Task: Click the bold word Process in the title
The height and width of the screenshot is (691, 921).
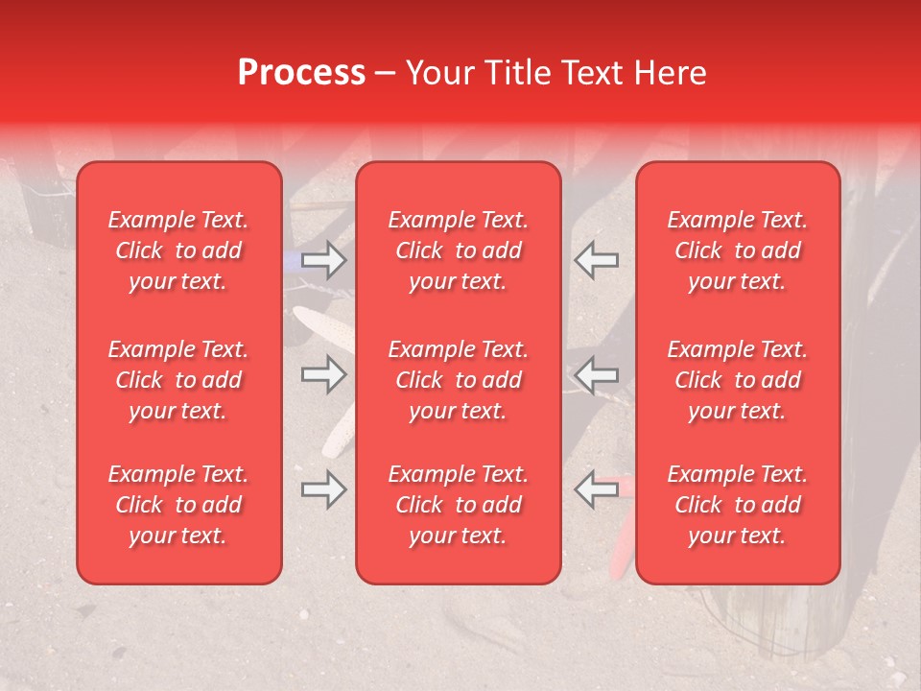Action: (301, 73)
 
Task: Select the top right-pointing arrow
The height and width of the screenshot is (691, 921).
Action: (323, 258)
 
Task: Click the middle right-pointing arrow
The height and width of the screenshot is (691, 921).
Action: (323, 374)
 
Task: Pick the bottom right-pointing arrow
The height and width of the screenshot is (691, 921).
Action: (323, 489)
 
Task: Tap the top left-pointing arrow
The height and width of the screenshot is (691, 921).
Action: (597, 258)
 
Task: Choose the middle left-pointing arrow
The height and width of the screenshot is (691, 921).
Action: (597, 374)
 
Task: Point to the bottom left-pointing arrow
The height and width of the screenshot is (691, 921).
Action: (597, 489)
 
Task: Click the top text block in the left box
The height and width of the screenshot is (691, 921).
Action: (178, 250)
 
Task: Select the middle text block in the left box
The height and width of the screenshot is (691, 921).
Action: (178, 380)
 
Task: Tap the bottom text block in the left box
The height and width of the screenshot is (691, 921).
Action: (178, 505)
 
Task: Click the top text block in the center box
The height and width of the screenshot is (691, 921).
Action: (458, 250)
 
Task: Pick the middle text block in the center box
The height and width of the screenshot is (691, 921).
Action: (458, 380)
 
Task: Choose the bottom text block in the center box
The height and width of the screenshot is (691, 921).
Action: (458, 505)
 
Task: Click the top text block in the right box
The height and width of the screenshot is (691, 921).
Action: (737, 250)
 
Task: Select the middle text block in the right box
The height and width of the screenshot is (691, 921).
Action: (737, 380)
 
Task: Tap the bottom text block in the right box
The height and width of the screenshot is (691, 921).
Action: (737, 505)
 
